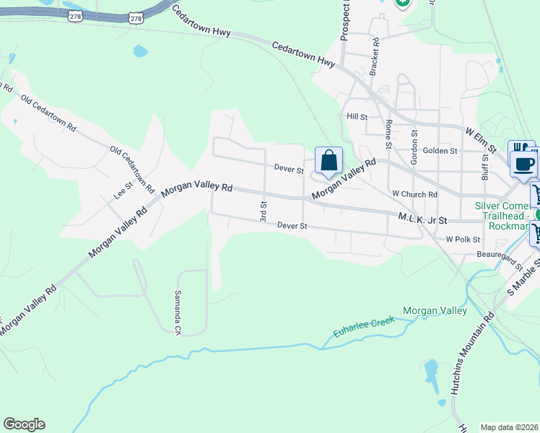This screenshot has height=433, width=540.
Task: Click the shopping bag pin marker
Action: click(x=328, y=162)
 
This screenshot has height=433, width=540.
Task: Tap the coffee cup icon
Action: click(x=523, y=163)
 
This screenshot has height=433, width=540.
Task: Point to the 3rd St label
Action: click(x=264, y=211)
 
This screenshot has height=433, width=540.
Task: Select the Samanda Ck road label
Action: click(x=178, y=312)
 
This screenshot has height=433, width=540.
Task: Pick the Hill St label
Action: click(x=357, y=116)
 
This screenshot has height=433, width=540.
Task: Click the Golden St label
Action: click(x=440, y=150)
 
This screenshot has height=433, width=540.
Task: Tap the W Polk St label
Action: click(x=463, y=238)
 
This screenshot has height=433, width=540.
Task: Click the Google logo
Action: click(x=24, y=424)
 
